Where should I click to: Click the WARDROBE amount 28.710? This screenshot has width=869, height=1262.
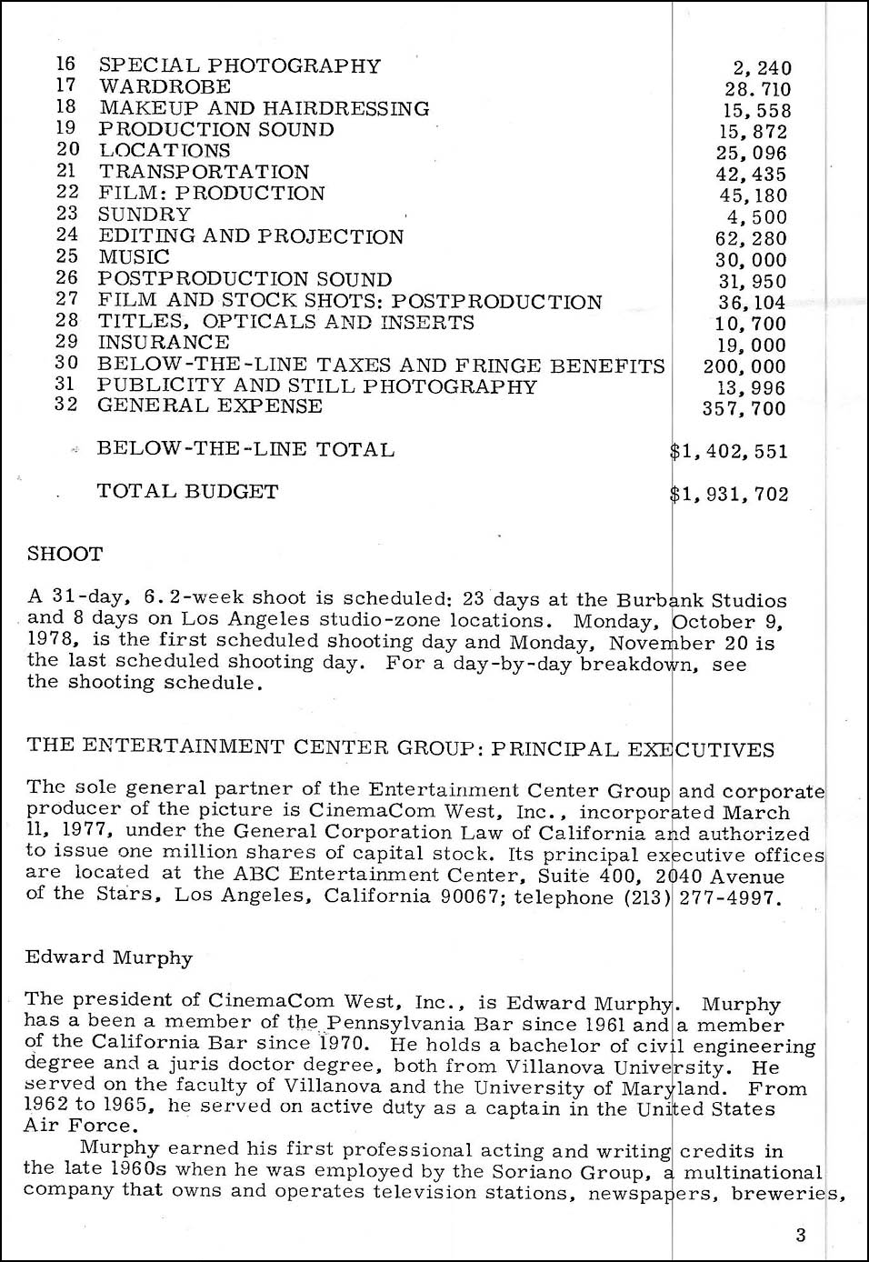click(x=757, y=89)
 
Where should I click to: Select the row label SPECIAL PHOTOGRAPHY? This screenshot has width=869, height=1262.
click(x=239, y=65)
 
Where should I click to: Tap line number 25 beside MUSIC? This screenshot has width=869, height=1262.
click(x=66, y=256)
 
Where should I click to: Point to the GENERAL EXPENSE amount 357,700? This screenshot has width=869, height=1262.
click(x=744, y=408)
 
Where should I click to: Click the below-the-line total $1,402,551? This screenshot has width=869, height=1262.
click(x=728, y=451)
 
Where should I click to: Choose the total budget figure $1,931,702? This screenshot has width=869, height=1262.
click(x=728, y=494)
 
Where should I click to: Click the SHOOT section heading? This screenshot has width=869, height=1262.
click(x=65, y=554)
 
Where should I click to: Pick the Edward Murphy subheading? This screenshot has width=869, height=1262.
click(x=109, y=957)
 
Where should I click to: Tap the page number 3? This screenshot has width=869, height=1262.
click(x=800, y=1235)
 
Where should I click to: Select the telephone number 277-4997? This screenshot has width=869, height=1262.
click(x=728, y=897)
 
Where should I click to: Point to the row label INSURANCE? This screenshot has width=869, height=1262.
click(x=164, y=343)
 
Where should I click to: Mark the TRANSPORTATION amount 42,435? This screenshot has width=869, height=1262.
click(x=751, y=175)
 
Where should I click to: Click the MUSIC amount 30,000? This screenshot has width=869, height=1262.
click(x=751, y=260)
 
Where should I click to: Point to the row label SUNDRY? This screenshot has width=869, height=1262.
click(x=145, y=214)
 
